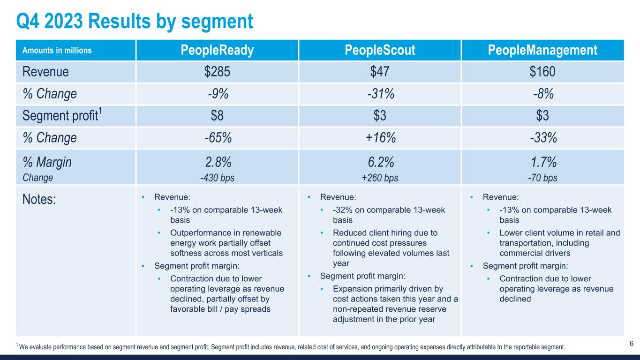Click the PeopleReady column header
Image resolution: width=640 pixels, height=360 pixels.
[217, 50]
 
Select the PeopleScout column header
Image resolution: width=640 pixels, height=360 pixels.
[380, 50]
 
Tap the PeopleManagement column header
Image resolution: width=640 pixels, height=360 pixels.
[542, 50]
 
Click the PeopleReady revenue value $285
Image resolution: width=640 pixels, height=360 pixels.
[217, 72]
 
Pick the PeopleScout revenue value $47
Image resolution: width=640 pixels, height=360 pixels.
[380, 72]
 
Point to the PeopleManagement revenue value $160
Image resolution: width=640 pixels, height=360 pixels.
[542, 72]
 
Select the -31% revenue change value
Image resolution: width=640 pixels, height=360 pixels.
[380, 94]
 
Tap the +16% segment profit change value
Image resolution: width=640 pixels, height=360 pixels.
[380, 138]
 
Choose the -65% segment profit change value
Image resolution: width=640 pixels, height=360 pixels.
[217, 138]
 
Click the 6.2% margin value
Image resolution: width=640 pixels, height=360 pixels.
[380, 163]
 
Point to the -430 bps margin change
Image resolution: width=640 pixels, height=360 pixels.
[217, 178]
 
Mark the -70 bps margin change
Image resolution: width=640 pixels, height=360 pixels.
[542, 178]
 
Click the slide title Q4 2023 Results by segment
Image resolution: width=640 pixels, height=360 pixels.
[134, 21]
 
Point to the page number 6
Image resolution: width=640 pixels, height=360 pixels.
[631, 344]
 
